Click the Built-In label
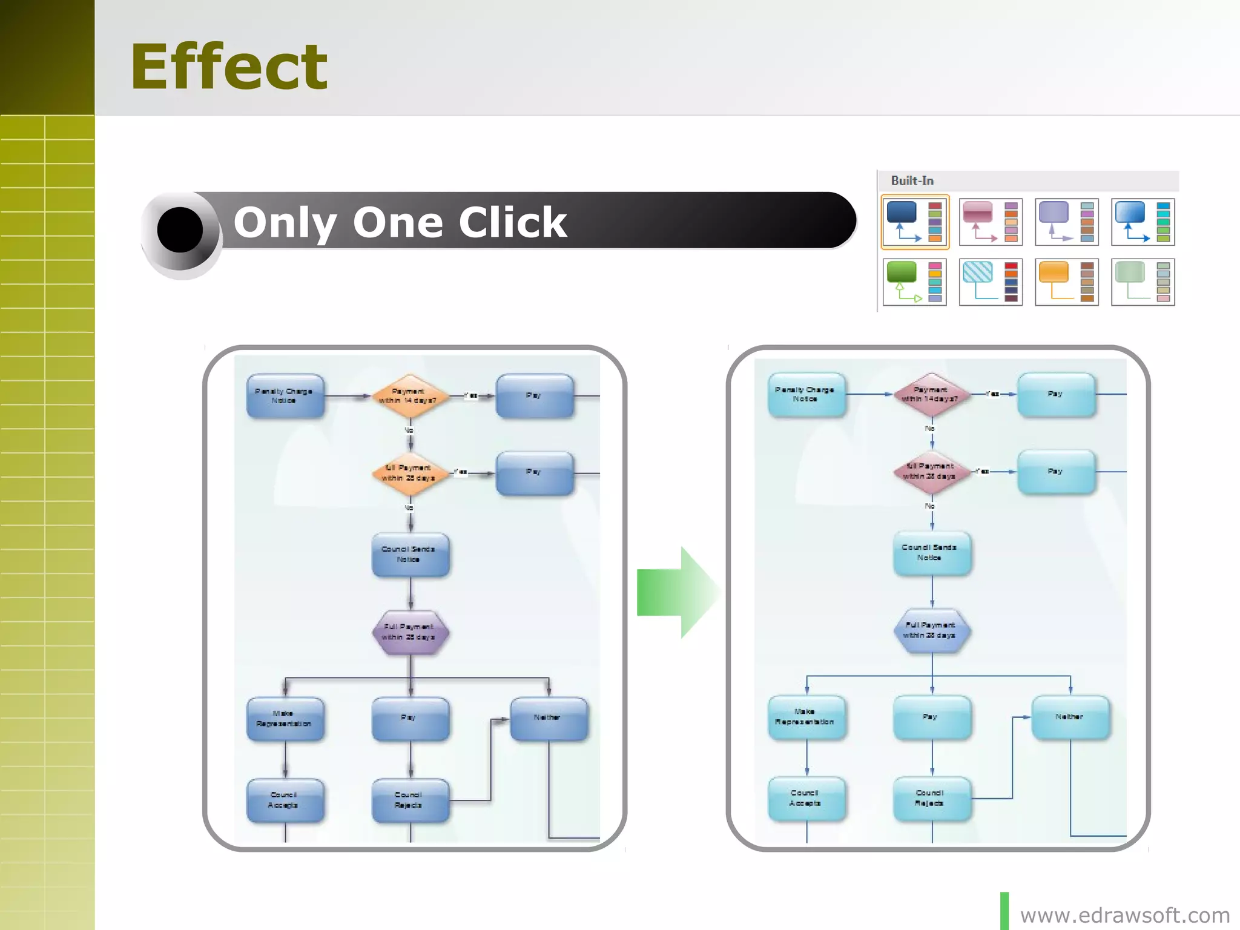point(912,180)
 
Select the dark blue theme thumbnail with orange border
point(915,222)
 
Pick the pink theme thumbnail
point(991,222)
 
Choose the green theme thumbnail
point(914,282)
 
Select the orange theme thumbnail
point(1067,282)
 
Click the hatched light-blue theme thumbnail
point(991,282)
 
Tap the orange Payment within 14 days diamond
point(410,396)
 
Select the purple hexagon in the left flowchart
point(410,632)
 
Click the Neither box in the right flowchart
point(1070,717)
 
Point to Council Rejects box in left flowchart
point(410,800)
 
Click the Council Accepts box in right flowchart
point(806,798)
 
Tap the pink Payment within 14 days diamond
point(931,394)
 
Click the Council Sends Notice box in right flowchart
point(931,552)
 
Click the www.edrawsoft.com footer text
point(1124,915)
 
